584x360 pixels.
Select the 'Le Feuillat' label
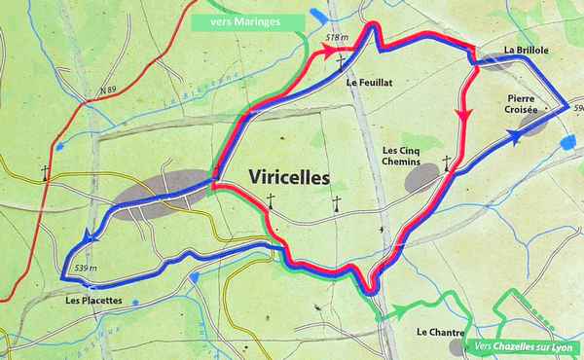[x=367, y=84]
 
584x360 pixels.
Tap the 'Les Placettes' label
[x=94, y=301]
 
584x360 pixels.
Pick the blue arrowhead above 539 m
[x=91, y=236]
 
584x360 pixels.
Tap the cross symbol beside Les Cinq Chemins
[x=447, y=162]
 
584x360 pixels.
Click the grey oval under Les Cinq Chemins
[x=421, y=178]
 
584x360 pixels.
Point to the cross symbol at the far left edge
[x=46, y=173]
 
